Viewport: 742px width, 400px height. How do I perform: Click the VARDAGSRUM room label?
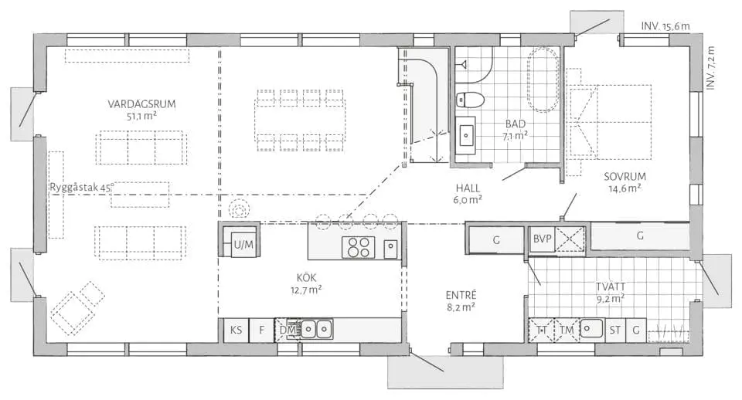point(141,104)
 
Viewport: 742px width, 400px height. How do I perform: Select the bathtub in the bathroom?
point(543,79)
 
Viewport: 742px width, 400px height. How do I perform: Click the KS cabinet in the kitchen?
point(236,330)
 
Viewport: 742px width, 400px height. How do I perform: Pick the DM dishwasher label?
point(288,330)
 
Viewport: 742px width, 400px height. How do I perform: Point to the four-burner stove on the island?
point(358,247)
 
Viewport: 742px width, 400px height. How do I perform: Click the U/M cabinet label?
point(243,245)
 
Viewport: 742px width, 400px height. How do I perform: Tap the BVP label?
point(543,239)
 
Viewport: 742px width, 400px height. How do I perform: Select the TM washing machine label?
point(567,330)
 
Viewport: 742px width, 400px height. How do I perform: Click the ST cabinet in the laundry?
point(615,330)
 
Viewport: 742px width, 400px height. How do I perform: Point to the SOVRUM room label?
point(625,177)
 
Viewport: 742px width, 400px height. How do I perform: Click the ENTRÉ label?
point(461,295)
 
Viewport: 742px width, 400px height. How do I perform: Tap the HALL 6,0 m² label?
point(468,194)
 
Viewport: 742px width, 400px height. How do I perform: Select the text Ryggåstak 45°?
point(81,187)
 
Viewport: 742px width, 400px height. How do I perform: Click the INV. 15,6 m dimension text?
point(665,26)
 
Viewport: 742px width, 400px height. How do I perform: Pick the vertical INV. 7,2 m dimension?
point(710,67)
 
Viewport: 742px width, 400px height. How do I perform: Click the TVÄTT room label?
point(611,287)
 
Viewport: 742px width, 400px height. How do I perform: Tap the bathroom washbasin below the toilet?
point(466,136)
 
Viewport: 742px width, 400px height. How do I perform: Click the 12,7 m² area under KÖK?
point(306,290)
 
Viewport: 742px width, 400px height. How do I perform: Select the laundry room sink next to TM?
point(591,328)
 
